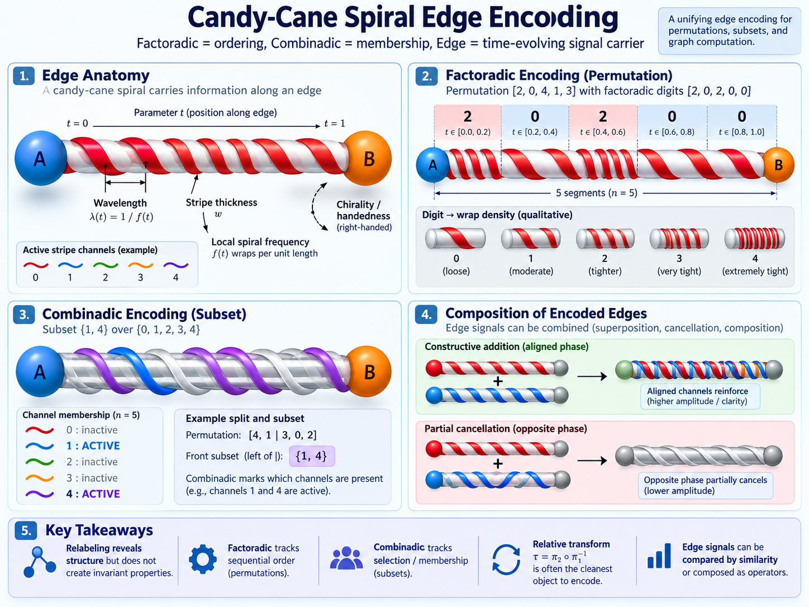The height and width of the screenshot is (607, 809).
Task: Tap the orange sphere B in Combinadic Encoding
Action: (368, 371)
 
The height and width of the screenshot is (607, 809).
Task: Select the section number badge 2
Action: (426, 76)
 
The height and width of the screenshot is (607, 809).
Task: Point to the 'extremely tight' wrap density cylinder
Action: (754, 238)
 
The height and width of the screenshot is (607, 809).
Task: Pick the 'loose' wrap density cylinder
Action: (455, 238)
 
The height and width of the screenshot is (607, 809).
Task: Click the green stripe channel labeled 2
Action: (106, 265)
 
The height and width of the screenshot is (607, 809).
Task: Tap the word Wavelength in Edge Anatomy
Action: (120, 203)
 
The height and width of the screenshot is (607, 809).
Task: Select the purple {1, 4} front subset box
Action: (312, 456)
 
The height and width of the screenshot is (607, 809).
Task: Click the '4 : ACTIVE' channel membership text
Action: (93, 494)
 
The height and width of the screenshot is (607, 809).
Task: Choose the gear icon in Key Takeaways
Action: (203, 559)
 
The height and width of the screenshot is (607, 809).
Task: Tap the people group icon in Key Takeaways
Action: (346, 558)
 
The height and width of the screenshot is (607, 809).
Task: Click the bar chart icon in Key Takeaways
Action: (659, 556)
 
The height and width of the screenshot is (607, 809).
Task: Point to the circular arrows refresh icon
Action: (506, 559)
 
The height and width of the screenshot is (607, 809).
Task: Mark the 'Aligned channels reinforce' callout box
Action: (700, 396)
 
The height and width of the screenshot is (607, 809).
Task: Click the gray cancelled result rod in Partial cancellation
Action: (699, 456)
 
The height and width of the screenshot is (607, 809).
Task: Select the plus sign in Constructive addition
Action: (498, 381)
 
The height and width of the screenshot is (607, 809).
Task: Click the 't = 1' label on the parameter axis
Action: (335, 124)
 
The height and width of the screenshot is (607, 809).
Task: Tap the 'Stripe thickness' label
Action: (221, 202)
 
